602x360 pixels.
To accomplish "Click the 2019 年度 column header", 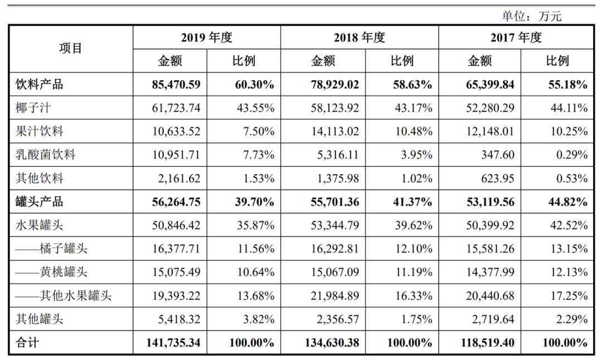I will pyautogui.click(x=206, y=37).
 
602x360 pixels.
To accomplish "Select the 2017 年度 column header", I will pyautogui.click(x=516, y=37).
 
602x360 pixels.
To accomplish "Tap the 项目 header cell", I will pyautogui.click(x=71, y=48).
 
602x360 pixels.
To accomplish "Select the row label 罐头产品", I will pyautogui.click(x=40, y=202).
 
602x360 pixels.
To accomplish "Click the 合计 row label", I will pyautogui.click(x=27, y=342).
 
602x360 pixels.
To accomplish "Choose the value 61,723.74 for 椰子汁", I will pyautogui.click(x=175, y=108).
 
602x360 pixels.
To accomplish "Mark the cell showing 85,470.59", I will pyautogui.click(x=175, y=85).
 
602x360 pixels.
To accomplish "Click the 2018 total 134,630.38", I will pyautogui.click(x=328, y=342).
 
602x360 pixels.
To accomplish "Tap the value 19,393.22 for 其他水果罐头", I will pyautogui.click(x=175, y=295).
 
